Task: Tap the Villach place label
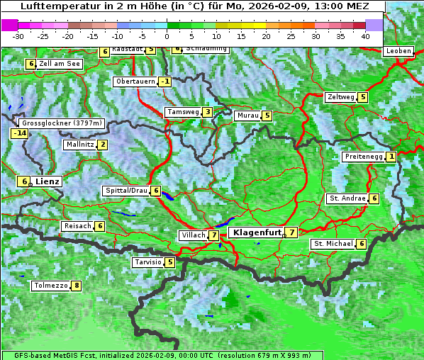coord(193,235)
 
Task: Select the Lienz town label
coord(48,181)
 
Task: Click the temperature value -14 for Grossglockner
coord(19,133)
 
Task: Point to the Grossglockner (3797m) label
coord(63,123)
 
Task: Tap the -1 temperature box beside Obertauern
coord(165,81)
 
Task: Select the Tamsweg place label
coord(182,112)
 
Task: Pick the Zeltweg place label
coord(340,97)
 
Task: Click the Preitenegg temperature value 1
coord(391,157)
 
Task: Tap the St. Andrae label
coord(347,198)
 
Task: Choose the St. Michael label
coord(333,244)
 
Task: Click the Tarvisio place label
coord(147,262)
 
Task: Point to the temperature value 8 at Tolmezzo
coord(77,286)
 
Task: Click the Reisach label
coord(77,226)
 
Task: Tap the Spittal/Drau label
coord(126,191)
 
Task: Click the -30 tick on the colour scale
coord(18,35)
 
